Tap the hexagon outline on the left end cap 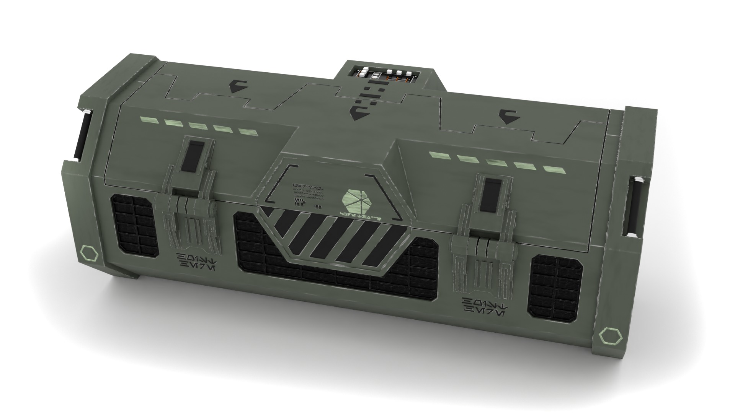pos(89,254)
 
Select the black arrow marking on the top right pos(509,117)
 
